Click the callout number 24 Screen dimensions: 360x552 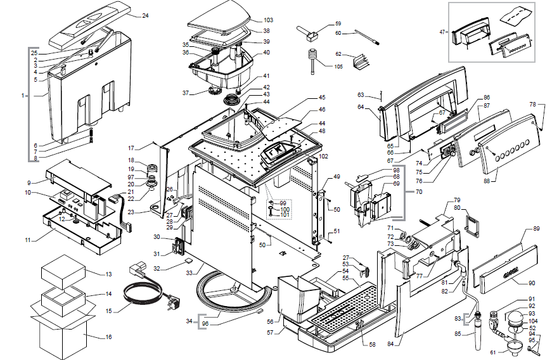[x=145, y=15]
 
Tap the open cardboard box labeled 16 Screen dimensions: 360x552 [x=62, y=330]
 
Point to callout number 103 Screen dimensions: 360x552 [x=268, y=20]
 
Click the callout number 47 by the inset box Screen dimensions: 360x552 [x=442, y=32]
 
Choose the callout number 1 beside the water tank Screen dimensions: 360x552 [x=23, y=96]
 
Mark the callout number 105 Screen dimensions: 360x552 [x=338, y=66]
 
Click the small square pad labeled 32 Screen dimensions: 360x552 [x=188, y=259]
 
